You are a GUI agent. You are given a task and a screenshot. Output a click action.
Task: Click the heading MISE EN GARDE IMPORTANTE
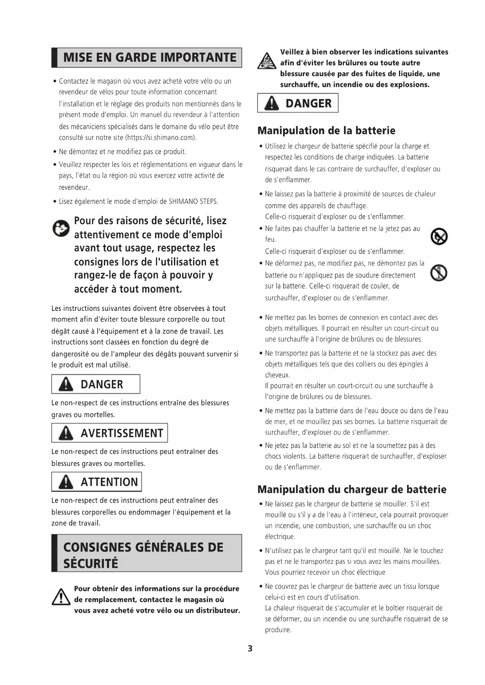(150, 57)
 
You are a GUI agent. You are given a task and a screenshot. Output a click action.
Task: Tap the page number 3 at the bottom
(250, 649)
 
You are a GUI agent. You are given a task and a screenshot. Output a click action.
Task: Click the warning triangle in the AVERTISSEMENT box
(66, 433)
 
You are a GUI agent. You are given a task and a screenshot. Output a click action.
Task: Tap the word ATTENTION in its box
(109, 482)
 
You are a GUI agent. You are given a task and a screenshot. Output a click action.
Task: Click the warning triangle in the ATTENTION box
(66, 482)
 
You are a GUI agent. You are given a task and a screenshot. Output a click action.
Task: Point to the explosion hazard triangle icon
(267, 61)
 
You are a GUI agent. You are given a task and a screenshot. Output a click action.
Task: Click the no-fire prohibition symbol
(439, 237)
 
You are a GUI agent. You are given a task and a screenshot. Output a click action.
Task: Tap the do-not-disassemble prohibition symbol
(439, 273)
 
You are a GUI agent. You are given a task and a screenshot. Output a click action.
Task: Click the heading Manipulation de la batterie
(326, 130)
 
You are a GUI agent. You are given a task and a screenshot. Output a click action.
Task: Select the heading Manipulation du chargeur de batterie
(352, 489)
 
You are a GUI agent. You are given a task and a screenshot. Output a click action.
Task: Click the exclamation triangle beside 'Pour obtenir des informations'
(61, 597)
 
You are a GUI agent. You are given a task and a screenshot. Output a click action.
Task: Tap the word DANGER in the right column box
(308, 103)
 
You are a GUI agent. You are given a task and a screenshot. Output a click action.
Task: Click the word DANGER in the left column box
(102, 384)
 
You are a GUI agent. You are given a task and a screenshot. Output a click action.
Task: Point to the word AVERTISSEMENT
(122, 433)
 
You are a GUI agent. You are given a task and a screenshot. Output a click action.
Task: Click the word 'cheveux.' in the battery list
(277, 375)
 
